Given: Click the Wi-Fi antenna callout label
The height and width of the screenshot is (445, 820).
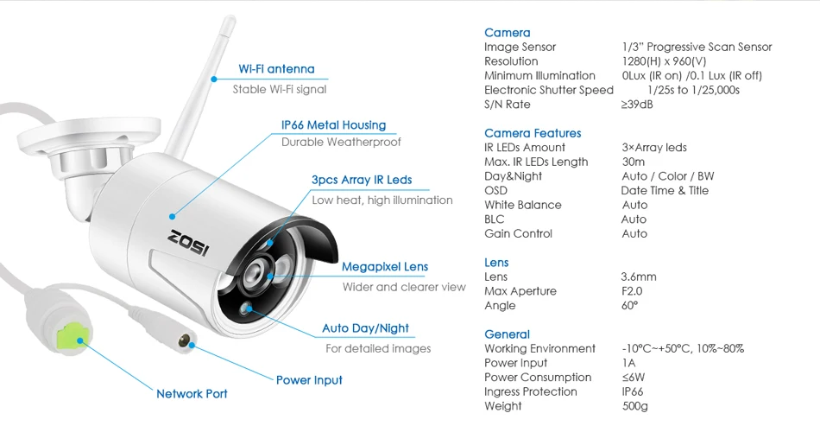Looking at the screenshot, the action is tap(276, 69).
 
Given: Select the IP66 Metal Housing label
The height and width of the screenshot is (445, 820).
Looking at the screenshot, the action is tap(333, 125).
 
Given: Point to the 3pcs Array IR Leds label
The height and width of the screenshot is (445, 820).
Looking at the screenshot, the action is tap(362, 180).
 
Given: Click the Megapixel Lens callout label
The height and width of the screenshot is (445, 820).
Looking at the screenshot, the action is tap(384, 267).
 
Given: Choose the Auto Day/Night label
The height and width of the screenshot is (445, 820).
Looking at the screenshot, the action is tap(365, 328).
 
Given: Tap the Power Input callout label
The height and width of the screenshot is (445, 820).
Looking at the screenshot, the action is tap(309, 380).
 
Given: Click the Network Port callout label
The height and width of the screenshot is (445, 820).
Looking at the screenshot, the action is tap(192, 394).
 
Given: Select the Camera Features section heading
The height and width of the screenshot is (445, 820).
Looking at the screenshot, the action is tap(533, 133).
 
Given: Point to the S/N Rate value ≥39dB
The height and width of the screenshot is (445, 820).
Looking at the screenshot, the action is tap(637, 105).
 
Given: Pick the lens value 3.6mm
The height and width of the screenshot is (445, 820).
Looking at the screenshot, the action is tap(639, 277).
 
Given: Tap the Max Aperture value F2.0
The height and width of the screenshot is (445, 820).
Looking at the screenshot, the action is tap(633, 291).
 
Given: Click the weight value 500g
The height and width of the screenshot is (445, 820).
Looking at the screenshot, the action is tap(634, 406).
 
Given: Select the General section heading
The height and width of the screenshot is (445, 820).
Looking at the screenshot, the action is tap(508, 334).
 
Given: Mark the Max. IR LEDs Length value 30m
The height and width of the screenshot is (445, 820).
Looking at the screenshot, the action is tap(633, 162).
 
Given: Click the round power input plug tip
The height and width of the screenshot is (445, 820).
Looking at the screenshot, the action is tap(184, 340).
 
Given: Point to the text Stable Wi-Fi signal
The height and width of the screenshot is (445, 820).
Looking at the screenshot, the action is tap(280, 89).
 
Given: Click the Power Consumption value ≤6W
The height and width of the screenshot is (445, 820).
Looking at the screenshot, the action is tap(633, 378).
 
